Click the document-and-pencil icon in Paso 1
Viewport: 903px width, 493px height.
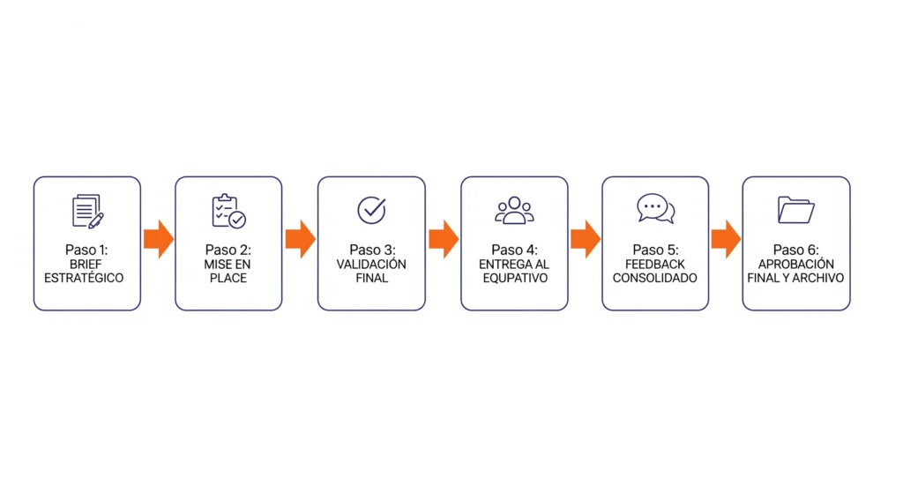coord(87,211)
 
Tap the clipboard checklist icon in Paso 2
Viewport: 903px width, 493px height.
coord(228,211)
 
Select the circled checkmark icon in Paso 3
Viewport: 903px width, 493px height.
coord(371,210)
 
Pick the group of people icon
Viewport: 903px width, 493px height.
coord(514,210)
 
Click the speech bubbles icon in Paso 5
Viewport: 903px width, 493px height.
coord(655,208)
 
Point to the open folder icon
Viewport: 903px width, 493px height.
coord(796,210)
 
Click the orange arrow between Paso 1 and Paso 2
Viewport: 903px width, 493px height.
coord(159,238)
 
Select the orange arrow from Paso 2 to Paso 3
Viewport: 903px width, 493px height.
coord(300,238)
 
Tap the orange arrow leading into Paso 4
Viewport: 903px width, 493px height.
coord(444,238)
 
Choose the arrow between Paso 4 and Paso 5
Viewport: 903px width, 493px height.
coord(586,238)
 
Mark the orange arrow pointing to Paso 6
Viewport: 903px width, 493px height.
coord(726,238)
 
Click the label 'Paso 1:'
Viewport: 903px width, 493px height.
coord(86,250)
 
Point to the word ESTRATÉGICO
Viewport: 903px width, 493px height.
coord(84,278)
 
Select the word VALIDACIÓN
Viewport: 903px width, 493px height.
coord(371,265)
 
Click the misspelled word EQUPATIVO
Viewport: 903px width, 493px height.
coord(515,278)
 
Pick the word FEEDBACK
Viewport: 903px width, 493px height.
coord(655,265)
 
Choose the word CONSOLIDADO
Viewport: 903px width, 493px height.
coord(655,278)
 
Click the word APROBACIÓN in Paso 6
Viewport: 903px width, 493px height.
coord(796,265)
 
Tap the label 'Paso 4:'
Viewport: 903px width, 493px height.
coord(514,250)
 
